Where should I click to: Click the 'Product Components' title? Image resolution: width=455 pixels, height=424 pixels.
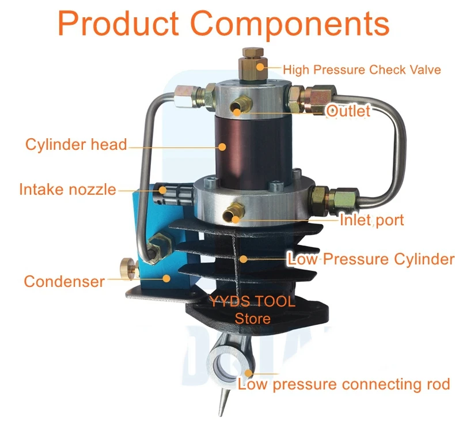(x=223, y=24)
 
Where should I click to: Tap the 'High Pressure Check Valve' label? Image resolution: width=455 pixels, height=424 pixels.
(x=362, y=70)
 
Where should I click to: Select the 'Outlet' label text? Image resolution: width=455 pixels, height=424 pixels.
(x=348, y=111)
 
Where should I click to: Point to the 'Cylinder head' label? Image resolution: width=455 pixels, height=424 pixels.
(x=77, y=144)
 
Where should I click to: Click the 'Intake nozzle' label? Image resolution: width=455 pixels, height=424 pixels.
(x=67, y=189)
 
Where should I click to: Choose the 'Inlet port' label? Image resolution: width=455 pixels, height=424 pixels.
(x=371, y=220)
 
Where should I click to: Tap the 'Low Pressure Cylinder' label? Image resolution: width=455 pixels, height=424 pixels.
(x=370, y=259)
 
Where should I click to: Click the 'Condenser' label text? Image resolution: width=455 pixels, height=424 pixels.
(x=64, y=281)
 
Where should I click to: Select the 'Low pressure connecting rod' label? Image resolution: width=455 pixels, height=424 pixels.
(x=344, y=384)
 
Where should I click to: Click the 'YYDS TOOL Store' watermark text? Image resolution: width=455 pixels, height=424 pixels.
(x=252, y=310)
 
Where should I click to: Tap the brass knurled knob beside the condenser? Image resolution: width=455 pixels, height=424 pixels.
(x=128, y=267)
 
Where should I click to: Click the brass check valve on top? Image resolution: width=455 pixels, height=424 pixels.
(x=253, y=65)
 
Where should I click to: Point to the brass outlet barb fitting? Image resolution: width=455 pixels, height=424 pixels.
(x=241, y=105)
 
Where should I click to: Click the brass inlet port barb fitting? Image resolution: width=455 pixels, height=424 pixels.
(x=234, y=213)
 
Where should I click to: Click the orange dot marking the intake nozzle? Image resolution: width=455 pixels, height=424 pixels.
(x=162, y=190)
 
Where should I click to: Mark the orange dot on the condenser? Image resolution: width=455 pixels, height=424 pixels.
(x=166, y=279)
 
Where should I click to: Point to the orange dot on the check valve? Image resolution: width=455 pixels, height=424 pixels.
(x=260, y=67)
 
